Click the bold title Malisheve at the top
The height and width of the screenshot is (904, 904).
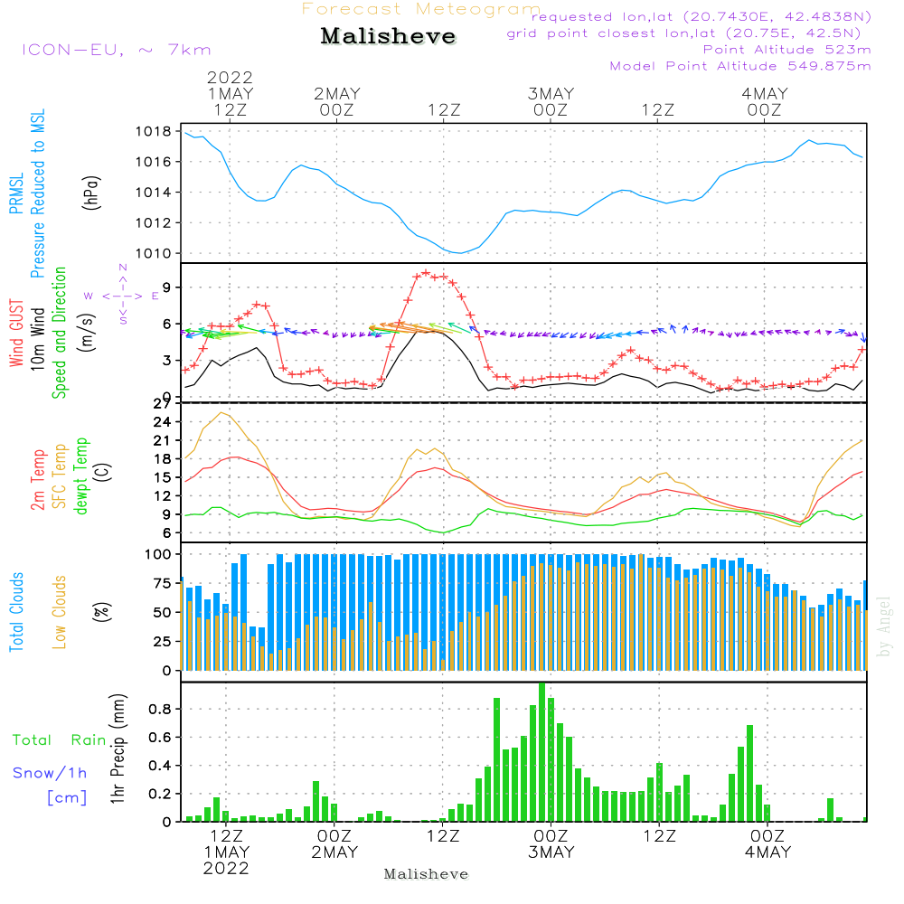(x=388, y=37)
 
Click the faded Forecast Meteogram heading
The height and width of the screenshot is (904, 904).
(x=421, y=9)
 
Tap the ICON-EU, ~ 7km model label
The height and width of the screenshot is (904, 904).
(x=116, y=50)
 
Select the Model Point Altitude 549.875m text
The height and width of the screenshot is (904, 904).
(x=740, y=66)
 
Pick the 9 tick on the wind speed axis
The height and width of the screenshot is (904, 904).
(x=166, y=287)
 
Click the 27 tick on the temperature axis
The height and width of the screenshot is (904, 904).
(x=163, y=403)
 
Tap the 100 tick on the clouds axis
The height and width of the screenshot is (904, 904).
(x=159, y=553)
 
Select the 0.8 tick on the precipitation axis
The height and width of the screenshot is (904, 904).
(x=161, y=709)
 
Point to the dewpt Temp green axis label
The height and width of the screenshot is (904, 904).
(x=82, y=476)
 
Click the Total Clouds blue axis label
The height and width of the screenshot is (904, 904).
(x=17, y=612)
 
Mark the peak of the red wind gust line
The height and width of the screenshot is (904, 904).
(x=426, y=272)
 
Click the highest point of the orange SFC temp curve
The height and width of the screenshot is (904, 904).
(x=221, y=413)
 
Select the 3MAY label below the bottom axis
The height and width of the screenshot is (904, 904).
(x=551, y=852)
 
